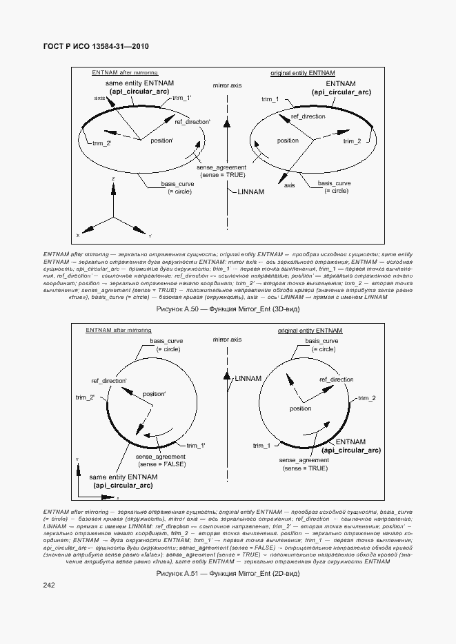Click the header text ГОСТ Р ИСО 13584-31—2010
click(x=97, y=46)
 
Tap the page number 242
click(x=48, y=585)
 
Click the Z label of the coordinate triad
click(x=112, y=179)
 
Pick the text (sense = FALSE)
click(x=160, y=464)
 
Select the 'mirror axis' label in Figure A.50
click(x=228, y=85)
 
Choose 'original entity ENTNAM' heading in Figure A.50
click(x=303, y=72)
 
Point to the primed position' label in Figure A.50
click(x=162, y=141)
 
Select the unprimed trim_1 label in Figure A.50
click(x=270, y=100)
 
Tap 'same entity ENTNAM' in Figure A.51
click(x=123, y=477)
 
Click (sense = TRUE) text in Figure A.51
click(x=304, y=468)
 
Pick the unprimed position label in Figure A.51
click(x=301, y=408)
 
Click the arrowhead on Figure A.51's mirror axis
click(x=226, y=376)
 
